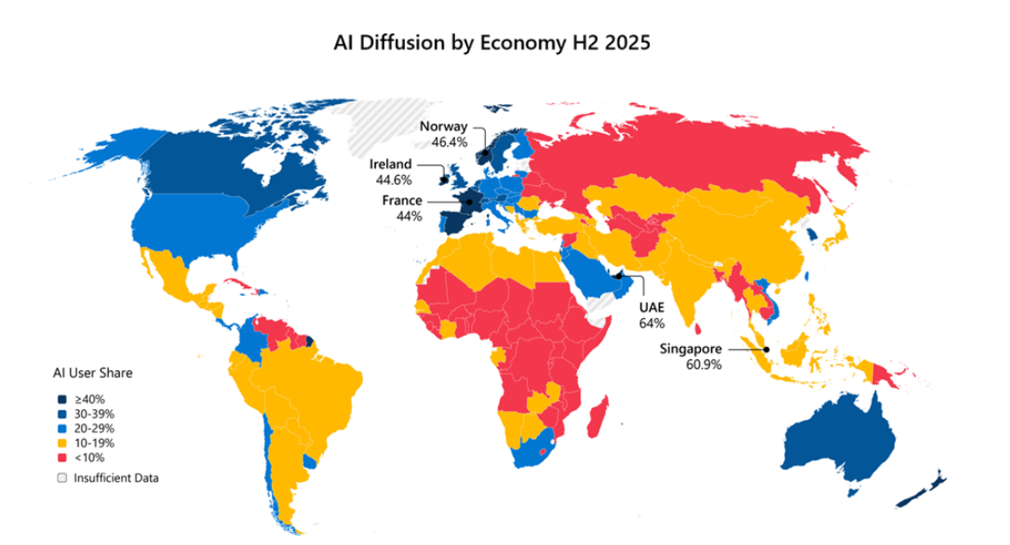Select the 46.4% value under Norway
[x=449, y=143]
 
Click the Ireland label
[x=391, y=165]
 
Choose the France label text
[x=402, y=201]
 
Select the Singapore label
[x=692, y=349]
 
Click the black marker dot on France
[x=469, y=202]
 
